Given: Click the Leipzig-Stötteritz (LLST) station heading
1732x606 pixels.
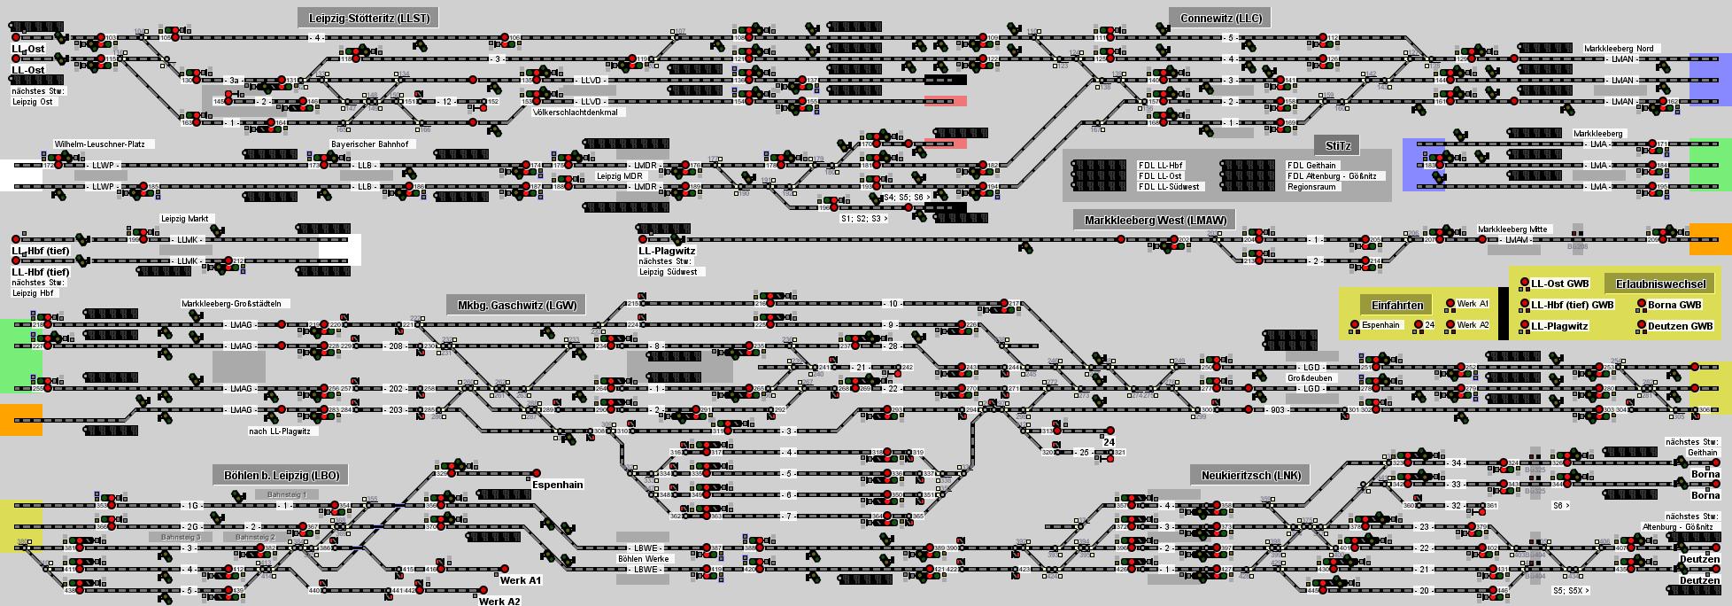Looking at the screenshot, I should pos(368,18).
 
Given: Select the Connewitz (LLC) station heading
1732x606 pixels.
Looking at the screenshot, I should pos(1220,18).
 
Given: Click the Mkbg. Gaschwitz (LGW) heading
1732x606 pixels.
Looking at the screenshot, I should pos(516,306).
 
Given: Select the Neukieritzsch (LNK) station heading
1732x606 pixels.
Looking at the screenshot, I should pos(1250,475).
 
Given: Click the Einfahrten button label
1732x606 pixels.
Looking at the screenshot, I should pos(1396,306).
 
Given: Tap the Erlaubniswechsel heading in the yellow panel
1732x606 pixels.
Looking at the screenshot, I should pos(1660,284).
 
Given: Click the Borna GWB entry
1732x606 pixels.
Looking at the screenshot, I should pos(1674,305).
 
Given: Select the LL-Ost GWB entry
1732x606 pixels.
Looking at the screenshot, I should pos(1559,284).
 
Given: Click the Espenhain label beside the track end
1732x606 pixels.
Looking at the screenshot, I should pos(557,485).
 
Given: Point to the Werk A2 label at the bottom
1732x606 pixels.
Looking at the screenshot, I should pos(499,602).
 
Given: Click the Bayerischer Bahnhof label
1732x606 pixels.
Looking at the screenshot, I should pos(369,144).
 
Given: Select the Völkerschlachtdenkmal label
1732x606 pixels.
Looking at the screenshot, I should pos(579,113).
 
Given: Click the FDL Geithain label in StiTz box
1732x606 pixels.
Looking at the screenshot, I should pos(1311,166).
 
